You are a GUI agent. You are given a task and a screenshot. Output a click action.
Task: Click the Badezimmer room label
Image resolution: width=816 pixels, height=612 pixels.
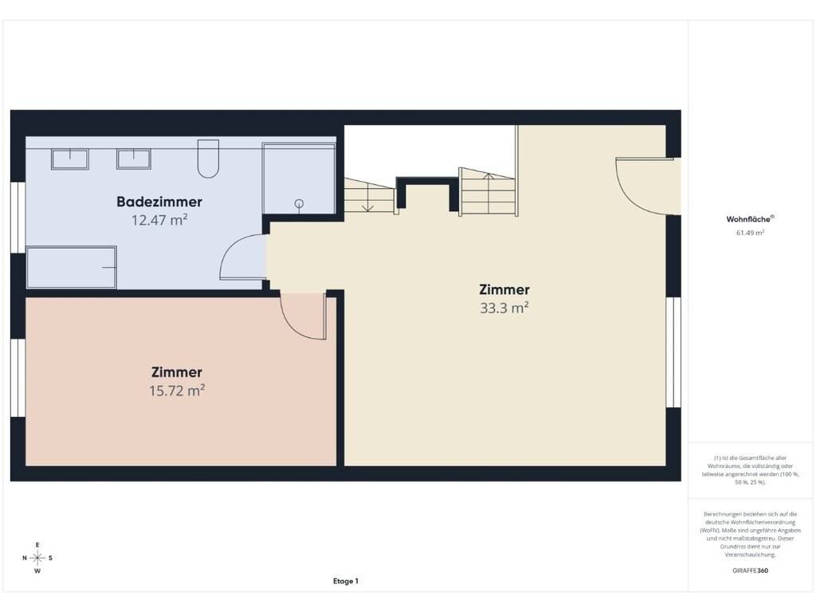coord(159,202)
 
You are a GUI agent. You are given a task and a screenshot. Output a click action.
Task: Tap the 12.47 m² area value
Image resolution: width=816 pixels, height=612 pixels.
coord(159,220)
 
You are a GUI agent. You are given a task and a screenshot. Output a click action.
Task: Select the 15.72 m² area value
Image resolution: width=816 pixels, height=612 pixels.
coord(177,390)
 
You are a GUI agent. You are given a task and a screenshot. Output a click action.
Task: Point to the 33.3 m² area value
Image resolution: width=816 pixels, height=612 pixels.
coord(504,308)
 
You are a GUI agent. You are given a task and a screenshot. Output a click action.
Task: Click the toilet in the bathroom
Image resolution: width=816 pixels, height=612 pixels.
coord(208,159)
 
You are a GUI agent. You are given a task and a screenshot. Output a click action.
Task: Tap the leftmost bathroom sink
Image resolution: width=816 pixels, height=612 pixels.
coord(70,159)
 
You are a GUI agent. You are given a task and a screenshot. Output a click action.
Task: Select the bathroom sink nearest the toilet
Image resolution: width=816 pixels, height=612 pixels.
coord(134,159)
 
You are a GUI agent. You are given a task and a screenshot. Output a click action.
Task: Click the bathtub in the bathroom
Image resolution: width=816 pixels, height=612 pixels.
coord(71,267)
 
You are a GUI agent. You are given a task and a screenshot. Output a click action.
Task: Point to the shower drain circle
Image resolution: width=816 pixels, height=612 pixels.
coord(300,203)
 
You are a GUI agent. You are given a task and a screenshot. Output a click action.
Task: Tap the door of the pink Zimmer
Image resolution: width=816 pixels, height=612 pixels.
coord(304,316)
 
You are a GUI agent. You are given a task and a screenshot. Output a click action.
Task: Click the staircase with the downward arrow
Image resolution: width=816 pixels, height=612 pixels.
coord(369,195)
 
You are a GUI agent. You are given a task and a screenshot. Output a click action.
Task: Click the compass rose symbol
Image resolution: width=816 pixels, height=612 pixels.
coord(37,558)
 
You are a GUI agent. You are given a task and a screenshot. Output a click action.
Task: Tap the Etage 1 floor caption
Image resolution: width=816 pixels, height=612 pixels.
coord(346,581)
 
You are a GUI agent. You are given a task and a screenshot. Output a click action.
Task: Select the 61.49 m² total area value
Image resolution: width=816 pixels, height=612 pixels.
coord(750,233)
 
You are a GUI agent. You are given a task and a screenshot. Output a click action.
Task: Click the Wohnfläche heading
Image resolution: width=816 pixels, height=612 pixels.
coord(750,219)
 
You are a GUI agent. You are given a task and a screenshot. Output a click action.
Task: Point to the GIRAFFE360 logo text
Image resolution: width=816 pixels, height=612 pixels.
coord(750,571)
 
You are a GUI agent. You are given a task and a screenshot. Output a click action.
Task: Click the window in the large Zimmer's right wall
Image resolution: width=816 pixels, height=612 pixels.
coord(673,351)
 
